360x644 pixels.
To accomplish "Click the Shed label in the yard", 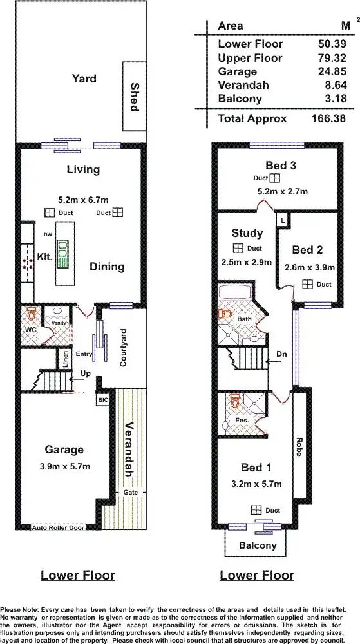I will coord(134,97).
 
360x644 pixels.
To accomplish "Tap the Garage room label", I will coord(64,450).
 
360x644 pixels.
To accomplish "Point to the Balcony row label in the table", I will coord(240,99).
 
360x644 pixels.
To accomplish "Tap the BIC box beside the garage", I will coord(103,400).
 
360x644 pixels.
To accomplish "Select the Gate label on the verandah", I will coord(131,493).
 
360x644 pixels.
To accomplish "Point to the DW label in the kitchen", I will coord(48,235).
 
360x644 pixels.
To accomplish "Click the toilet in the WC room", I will coord(30,316).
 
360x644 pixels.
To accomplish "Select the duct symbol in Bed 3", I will coord(274,178).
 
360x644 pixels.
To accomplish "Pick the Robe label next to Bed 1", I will coord(298,446).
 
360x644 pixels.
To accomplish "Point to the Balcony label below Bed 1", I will coord(258,545).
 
